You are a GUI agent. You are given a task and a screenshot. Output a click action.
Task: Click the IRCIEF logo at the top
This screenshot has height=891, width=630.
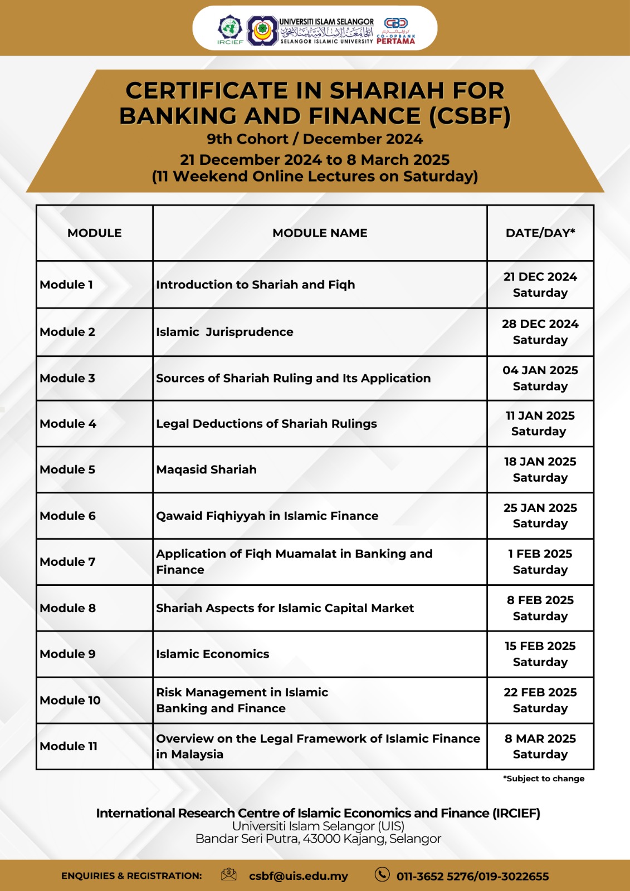point(229,30)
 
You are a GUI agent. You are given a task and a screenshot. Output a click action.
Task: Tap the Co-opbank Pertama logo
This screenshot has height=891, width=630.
point(396,31)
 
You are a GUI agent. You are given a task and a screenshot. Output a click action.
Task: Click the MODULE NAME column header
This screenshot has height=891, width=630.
point(320,233)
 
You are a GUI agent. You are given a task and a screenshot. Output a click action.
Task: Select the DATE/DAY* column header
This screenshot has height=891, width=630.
point(540,233)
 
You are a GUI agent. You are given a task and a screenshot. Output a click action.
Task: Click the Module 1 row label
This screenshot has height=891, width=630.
point(66,285)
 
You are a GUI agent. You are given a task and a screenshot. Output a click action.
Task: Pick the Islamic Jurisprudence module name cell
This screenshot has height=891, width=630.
point(224,332)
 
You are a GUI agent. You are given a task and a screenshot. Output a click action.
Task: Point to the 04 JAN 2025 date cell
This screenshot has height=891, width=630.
point(540,378)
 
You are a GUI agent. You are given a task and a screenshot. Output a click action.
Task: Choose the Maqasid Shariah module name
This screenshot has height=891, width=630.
point(206,469)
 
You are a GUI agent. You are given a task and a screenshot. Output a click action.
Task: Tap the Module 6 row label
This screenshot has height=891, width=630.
point(67,516)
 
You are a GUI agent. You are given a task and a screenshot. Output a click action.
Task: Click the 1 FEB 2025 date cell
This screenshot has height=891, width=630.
point(540,561)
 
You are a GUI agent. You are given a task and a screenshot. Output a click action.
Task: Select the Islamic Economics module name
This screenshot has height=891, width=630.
point(212,654)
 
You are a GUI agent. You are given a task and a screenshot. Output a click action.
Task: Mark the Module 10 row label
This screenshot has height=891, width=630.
point(70,700)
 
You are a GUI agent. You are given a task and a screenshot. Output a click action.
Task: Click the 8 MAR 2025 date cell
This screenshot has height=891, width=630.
point(540,746)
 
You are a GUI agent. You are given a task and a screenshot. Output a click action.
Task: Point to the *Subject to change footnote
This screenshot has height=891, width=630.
point(544,779)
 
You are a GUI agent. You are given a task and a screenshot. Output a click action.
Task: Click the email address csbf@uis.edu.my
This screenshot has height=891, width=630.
point(298,876)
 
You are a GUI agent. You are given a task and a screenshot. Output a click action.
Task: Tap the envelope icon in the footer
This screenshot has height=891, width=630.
point(228,874)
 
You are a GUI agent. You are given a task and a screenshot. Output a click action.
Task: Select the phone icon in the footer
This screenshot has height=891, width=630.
point(382,874)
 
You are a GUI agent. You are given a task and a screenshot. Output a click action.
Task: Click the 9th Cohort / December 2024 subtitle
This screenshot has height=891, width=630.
point(315,139)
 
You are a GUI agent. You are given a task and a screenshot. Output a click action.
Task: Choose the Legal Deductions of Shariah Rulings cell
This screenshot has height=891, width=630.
point(266,424)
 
